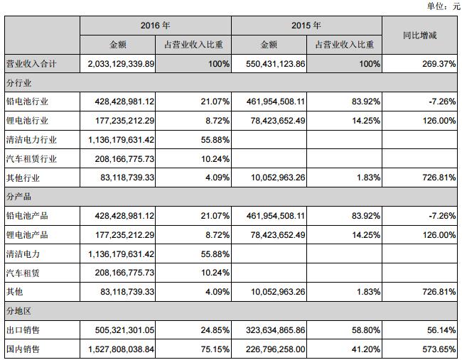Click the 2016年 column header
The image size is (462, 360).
click(x=156, y=26)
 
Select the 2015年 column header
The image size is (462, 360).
click(x=306, y=26)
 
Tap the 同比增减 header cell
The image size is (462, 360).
click(x=419, y=35)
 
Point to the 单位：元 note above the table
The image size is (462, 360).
click(x=442, y=6)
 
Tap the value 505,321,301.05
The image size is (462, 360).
click(x=118, y=330)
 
